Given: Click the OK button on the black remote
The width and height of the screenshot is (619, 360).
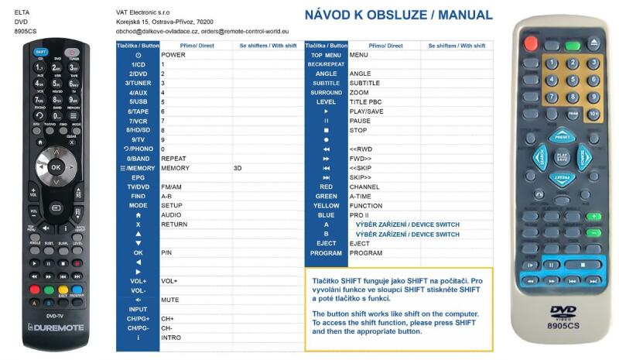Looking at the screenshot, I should [x=55, y=166].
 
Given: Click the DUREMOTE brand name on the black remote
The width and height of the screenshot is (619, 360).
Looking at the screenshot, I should [x=60, y=327].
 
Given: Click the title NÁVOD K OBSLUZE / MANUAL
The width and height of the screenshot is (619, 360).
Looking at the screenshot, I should [x=398, y=15].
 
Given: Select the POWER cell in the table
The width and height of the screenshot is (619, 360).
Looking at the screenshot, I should [x=173, y=55].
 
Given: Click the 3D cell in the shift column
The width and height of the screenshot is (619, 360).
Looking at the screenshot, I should [x=238, y=168].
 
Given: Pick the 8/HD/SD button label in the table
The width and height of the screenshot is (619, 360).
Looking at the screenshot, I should [x=138, y=130].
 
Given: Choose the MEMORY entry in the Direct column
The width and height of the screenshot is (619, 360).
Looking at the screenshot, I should [x=176, y=168].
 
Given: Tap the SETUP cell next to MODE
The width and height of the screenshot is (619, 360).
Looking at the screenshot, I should [x=172, y=205].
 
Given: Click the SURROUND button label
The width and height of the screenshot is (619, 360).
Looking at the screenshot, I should [x=326, y=92].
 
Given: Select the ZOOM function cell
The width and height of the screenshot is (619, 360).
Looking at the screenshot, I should [x=359, y=92].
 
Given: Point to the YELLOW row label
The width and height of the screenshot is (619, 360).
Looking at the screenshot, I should [x=326, y=205].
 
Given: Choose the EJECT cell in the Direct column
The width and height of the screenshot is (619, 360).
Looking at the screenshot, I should [x=360, y=243].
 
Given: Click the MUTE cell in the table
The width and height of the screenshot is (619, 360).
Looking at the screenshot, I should [x=171, y=300].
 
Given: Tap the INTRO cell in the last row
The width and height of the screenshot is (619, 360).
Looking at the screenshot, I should [x=172, y=338].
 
